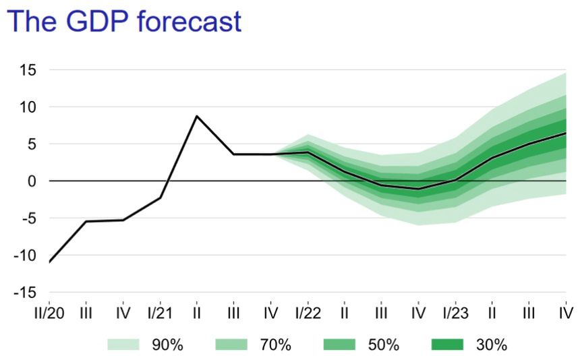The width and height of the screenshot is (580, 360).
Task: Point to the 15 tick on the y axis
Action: coord(28,70)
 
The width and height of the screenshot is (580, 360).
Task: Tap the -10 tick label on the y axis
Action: coord(25,256)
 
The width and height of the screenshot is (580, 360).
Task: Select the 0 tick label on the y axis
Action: coord(31,181)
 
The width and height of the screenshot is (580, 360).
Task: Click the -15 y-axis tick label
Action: coord(25,293)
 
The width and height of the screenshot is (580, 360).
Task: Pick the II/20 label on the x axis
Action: coord(49,313)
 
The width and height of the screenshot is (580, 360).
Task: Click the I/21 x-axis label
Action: coord(160,313)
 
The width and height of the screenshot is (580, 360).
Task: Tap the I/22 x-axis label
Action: coord(308,313)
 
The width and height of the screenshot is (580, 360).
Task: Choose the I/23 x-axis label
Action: coord(455,313)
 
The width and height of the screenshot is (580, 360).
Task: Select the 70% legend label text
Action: coord(275,345)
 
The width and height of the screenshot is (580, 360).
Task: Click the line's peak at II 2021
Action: coord(196,116)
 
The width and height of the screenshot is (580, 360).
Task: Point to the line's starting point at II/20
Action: coord(49,262)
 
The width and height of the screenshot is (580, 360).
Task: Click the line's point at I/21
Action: coord(160,198)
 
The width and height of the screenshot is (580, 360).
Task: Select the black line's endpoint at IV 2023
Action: coord(565,133)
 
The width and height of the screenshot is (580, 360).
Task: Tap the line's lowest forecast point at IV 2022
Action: coord(418,189)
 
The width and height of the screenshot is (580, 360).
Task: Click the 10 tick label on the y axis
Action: coord(28,107)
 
